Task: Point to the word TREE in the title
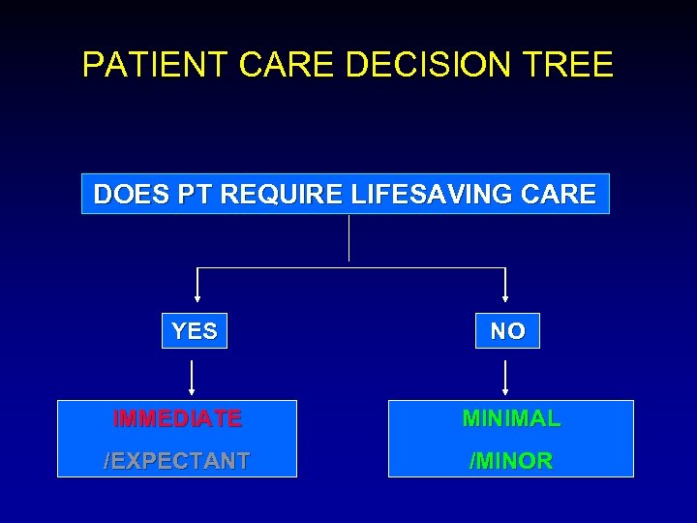(570, 65)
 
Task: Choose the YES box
(194, 331)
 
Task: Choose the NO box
(507, 331)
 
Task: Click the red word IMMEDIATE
(177, 419)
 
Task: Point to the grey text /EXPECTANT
(177, 461)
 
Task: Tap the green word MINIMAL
(511, 419)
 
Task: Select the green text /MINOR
(511, 461)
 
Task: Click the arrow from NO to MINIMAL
(506, 377)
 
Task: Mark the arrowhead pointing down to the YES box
(197, 298)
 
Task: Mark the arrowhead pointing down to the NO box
(506, 298)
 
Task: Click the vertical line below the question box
(348, 238)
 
